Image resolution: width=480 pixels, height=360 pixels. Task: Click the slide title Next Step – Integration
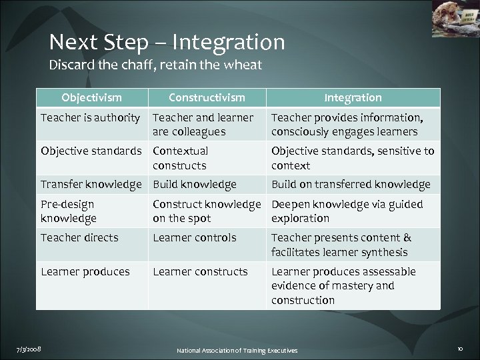pos(167,43)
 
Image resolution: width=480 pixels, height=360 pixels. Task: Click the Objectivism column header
pos(91,98)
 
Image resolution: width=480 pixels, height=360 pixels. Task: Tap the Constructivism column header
pos(206,98)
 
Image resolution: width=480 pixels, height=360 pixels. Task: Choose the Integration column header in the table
pos(353,98)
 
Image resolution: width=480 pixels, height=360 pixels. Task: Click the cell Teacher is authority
pos(90,117)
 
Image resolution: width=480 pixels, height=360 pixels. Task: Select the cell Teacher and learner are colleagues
pos(203,124)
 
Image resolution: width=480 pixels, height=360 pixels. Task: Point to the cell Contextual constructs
pos(180,158)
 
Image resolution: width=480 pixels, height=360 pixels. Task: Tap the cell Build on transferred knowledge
pos(351,184)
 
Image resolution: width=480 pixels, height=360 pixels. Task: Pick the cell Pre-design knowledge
pos(69,211)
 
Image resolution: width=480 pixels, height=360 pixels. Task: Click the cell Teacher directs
pos(79,237)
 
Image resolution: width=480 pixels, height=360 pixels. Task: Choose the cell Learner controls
pos(194,237)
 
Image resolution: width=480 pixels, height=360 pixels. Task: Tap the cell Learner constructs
pos(200,271)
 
